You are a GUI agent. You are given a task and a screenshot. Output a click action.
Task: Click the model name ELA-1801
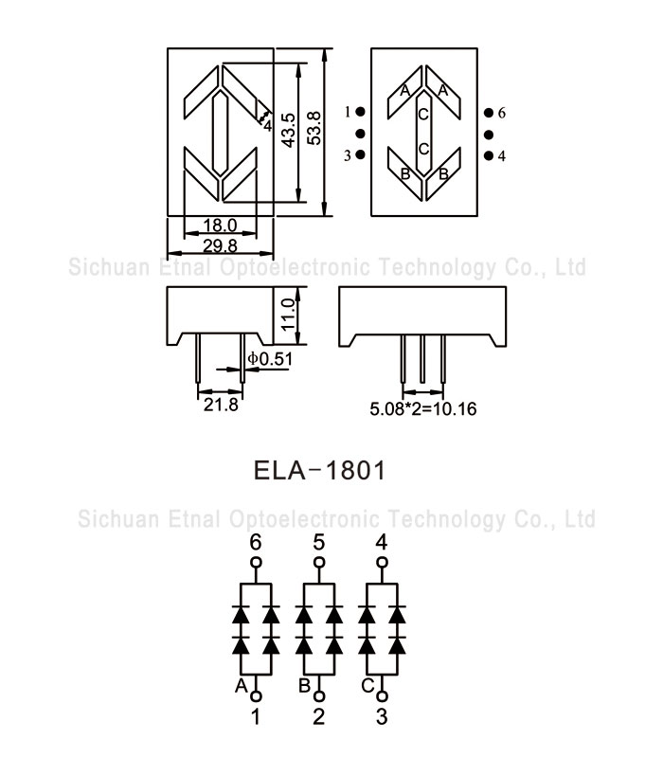pyautogui.click(x=319, y=470)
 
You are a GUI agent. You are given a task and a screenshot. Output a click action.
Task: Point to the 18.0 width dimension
pyautogui.click(x=220, y=227)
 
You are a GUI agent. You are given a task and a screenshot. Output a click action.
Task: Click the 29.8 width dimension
pyautogui.click(x=220, y=245)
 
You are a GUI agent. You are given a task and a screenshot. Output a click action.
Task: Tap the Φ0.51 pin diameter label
pyautogui.click(x=268, y=358)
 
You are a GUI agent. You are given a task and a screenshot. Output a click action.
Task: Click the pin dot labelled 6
pyautogui.click(x=488, y=113)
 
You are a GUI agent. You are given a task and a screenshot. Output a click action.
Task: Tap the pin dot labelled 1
pyautogui.click(x=361, y=113)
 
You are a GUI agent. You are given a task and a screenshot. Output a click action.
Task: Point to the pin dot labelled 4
pyautogui.click(x=488, y=155)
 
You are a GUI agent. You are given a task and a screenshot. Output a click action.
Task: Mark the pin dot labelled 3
pyautogui.click(x=361, y=155)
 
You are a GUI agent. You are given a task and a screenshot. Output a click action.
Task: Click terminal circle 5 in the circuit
pyautogui.click(x=318, y=562)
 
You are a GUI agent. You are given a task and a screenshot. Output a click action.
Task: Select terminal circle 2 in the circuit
pyautogui.click(x=318, y=695)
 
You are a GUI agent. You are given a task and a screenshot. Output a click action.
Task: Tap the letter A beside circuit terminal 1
pyautogui.click(x=241, y=684)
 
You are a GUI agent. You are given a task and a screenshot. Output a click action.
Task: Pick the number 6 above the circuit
pyautogui.click(x=255, y=543)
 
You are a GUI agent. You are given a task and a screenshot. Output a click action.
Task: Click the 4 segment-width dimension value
pyautogui.click(x=268, y=124)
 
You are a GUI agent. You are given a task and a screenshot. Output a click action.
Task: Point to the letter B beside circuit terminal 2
pyautogui.click(x=304, y=684)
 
